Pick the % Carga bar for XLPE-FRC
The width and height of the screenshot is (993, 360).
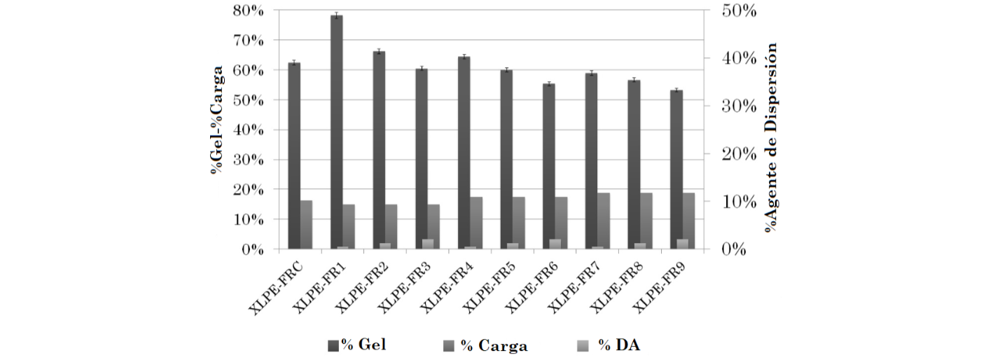[x=306, y=224]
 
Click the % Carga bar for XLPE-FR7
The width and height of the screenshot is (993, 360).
[x=603, y=220]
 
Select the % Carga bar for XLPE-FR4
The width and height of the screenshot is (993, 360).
[x=475, y=222]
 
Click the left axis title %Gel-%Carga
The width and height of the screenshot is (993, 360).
[x=218, y=119]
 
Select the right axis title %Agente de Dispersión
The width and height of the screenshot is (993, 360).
[x=772, y=137]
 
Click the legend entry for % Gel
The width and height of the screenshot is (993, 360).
[x=357, y=345]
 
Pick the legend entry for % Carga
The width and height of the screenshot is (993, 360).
[x=486, y=345]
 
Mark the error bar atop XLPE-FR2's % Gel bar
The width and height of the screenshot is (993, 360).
[x=379, y=51]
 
